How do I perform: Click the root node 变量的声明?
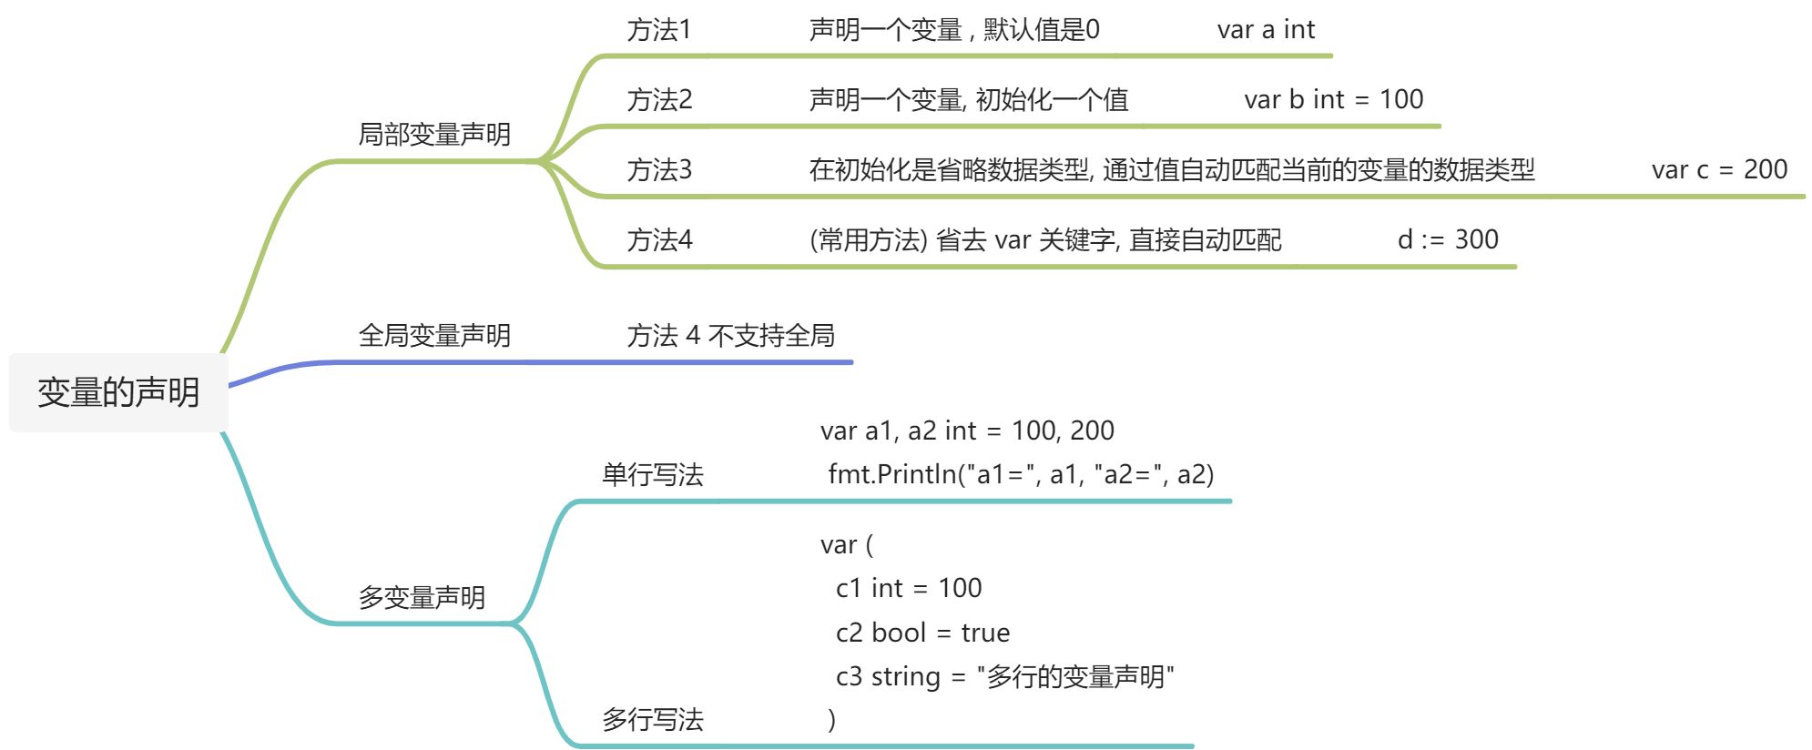point(118,392)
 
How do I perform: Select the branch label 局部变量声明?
point(434,135)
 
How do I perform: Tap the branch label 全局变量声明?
point(434,336)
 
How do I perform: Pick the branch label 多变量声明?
point(422,598)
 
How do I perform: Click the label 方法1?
point(659,30)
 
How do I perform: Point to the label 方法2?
point(659,100)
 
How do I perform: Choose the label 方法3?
point(659,170)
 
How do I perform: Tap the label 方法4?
point(659,240)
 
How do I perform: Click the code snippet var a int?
point(1266,30)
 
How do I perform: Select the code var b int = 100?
point(1333,100)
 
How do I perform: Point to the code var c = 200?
point(1719,170)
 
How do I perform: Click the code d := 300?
point(1448,240)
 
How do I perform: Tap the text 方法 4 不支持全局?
point(730,336)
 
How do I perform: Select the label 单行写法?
point(652,474)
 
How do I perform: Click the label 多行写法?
point(652,720)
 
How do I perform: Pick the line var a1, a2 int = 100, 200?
point(967,431)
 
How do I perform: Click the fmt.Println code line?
point(1021,474)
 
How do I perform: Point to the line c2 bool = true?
point(922,633)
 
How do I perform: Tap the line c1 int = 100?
point(909,588)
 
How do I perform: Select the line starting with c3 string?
point(1004,677)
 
